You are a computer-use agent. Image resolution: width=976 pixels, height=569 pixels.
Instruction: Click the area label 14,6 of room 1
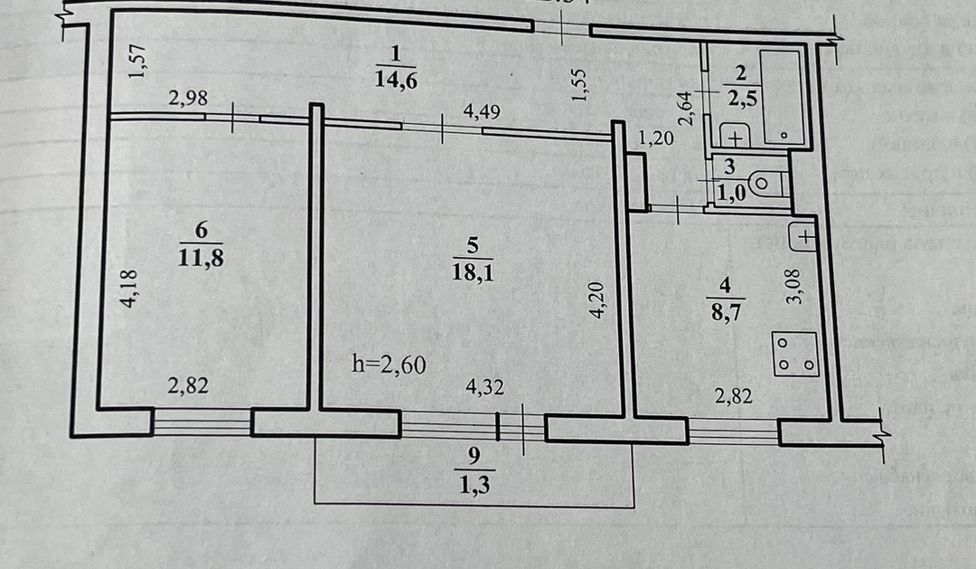click(x=395, y=79)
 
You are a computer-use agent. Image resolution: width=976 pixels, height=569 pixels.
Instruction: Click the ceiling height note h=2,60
click(x=389, y=365)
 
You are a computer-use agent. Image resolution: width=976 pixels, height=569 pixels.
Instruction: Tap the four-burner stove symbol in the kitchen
click(x=795, y=354)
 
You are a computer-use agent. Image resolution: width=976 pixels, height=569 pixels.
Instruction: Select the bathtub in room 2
click(x=783, y=97)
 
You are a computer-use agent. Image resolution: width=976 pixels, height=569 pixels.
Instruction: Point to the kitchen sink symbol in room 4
click(x=803, y=238)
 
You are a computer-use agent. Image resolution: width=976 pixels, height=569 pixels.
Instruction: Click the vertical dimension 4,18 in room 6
click(x=128, y=290)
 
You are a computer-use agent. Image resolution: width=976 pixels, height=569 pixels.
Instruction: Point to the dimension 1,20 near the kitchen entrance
click(x=657, y=138)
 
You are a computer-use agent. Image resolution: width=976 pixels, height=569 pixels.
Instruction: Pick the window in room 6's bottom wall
click(x=202, y=422)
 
